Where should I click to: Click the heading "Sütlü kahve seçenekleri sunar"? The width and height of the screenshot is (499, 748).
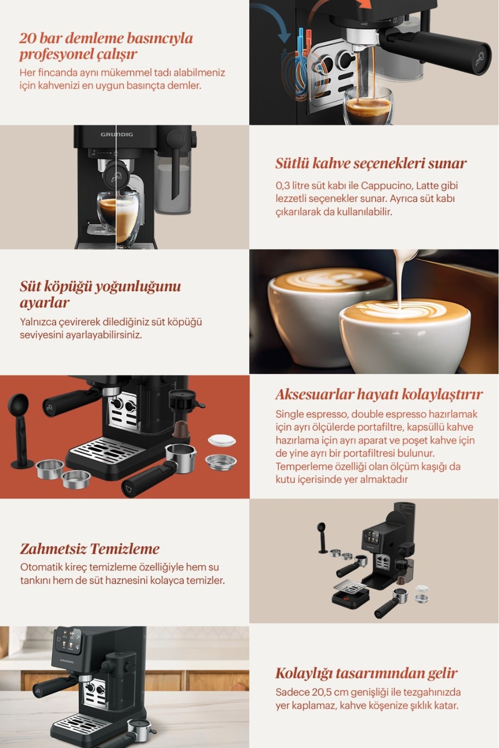pos(371,163)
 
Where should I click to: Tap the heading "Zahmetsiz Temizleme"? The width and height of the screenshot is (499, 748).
pos(90,549)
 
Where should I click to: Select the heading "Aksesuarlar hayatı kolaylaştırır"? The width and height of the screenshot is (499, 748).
pos(379,394)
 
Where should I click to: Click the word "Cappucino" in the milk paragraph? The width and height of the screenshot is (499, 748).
pos(380,185)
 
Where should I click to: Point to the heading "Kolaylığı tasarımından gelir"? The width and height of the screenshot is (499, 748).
pos(366,673)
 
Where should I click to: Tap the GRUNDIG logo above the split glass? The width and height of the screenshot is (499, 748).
pos(117,135)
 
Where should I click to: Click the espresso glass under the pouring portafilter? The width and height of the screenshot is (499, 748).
pos(368,106)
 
